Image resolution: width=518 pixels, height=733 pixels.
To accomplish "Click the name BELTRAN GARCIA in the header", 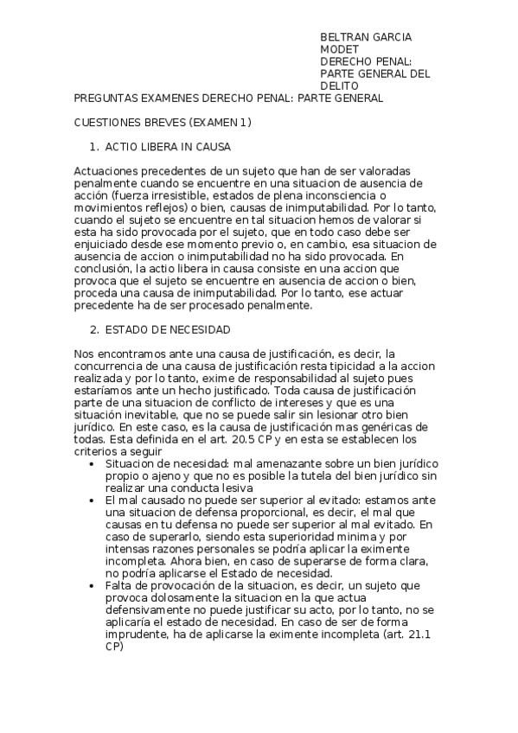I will pos(366,37).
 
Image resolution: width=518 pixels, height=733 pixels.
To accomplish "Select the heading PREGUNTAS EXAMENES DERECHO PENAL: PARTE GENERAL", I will pos(228,99).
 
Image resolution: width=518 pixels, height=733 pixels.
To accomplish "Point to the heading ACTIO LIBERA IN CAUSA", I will pos(168,147).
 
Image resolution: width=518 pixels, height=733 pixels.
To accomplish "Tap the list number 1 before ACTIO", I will pos(94,147).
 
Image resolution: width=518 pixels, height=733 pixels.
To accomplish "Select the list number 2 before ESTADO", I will pos(94,330).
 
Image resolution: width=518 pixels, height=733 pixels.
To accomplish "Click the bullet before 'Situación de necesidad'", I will pos(93,464).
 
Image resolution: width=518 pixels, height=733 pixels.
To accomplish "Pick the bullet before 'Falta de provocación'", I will pos(93,585).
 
